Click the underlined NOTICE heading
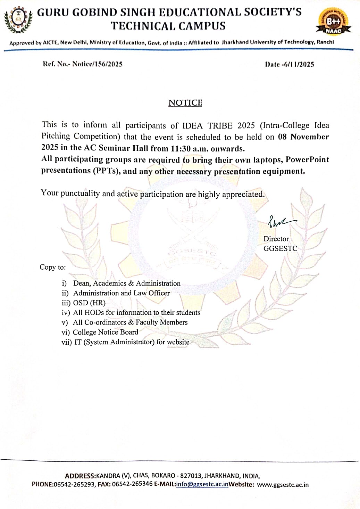click(185, 103)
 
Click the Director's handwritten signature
click(281, 221)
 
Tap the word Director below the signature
click(276, 239)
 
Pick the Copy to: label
click(52, 267)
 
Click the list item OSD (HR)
click(89, 303)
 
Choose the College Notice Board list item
click(105, 332)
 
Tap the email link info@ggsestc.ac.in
click(202, 484)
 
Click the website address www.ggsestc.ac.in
click(283, 485)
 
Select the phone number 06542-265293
click(74, 484)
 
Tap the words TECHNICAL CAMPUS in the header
click(168, 26)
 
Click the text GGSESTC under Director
click(280, 248)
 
